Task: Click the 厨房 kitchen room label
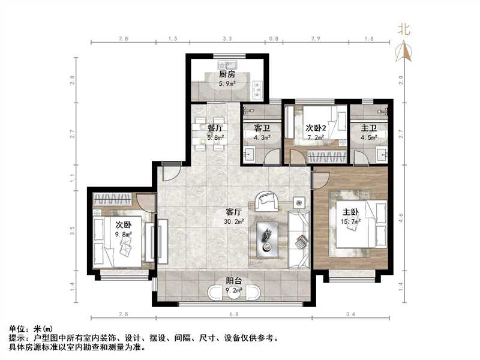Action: click(226, 74)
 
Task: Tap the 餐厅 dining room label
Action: click(215, 128)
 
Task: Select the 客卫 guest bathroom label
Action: click(262, 128)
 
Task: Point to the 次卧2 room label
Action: click(316, 128)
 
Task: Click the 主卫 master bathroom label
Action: click(369, 128)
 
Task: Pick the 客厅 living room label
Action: click(234, 212)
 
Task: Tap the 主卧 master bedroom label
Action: click(351, 212)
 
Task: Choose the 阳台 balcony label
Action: click(234, 283)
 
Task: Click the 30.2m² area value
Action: click(234, 221)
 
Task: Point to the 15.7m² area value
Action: click(351, 221)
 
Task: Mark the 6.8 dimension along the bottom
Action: click(234, 314)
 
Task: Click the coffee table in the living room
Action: click(268, 236)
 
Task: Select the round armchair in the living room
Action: click(266, 200)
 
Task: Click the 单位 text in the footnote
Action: click(16, 329)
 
